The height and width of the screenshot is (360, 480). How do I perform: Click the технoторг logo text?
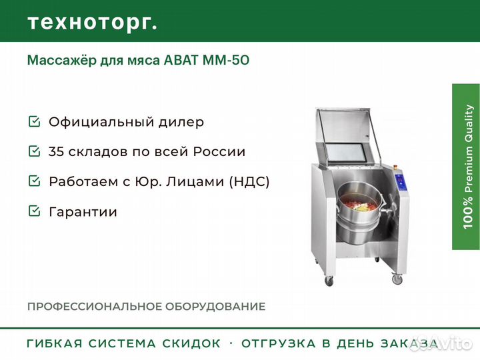(x=92, y=22)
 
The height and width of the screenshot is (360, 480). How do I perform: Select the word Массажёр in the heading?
(x=59, y=61)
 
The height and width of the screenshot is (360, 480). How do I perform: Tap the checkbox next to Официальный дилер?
(x=34, y=122)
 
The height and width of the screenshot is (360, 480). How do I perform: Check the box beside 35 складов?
(x=34, y=151)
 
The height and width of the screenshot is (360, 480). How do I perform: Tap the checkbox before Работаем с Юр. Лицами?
(x=34, y=181)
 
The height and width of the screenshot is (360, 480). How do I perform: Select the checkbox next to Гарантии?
(x=34, y=211)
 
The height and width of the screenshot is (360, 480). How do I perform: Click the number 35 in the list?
(x=56, y=151)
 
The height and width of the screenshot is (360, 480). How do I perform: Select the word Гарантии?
(x=83, y=211)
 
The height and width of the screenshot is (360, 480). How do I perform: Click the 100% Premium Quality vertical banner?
(x=466, y=167)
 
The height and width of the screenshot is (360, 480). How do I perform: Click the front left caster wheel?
(x=329, y=281)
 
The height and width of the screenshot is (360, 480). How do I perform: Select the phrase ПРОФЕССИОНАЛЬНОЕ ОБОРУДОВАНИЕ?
(x=146, y=307)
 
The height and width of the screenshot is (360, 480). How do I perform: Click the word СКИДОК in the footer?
(x=192, y=343)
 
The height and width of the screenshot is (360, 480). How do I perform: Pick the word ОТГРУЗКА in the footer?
(x=279, y=343)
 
